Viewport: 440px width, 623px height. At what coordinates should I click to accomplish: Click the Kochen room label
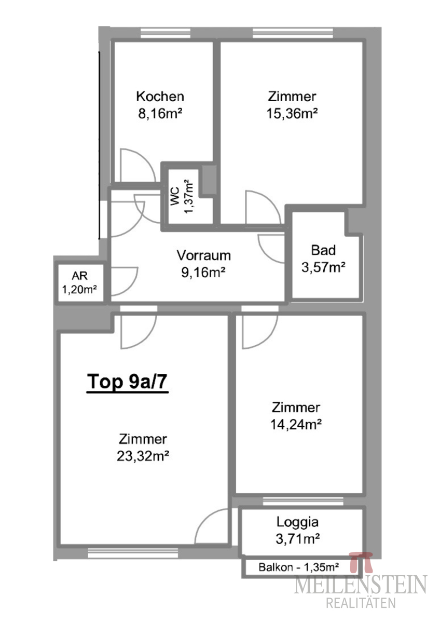160,97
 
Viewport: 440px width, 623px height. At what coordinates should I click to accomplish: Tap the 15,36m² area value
292,114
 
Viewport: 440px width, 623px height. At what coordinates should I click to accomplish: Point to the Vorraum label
204,255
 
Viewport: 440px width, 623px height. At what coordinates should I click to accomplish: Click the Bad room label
323,250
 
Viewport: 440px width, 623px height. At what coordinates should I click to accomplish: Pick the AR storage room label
79,276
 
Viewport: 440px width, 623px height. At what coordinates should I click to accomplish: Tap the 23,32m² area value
143,456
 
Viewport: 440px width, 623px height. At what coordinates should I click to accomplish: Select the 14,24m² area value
296,425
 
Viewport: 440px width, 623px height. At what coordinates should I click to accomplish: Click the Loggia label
297,522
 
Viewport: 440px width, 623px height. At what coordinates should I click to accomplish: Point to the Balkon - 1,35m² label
299,567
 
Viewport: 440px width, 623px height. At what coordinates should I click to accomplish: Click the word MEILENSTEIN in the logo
360,585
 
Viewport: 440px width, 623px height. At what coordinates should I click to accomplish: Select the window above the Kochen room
166,33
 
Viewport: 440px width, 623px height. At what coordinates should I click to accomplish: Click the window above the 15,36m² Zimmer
293,33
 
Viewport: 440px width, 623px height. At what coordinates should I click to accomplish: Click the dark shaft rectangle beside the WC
209,180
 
